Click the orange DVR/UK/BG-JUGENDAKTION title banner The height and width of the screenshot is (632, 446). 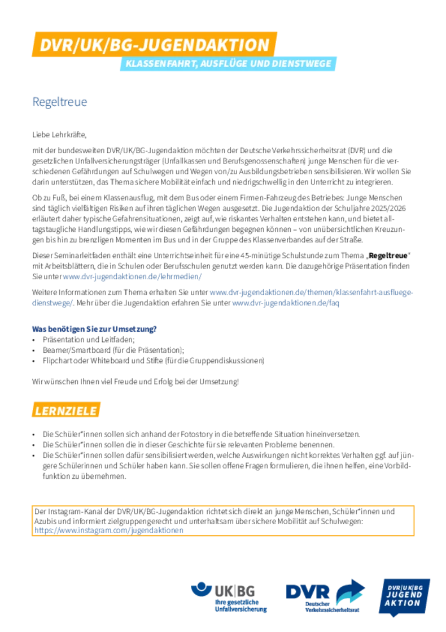[155, 44]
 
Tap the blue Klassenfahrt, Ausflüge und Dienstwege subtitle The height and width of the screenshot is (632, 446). [228, 64]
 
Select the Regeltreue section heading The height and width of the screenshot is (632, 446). [60, 102]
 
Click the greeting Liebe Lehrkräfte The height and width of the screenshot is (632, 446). [59, 135]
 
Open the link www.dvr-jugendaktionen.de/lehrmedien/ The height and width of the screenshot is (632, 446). [132, 276]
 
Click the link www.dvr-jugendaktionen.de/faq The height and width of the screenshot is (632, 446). [286, 302]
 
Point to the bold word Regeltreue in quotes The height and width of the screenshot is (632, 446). [388, 256]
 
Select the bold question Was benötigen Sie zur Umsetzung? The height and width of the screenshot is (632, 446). [94, 329]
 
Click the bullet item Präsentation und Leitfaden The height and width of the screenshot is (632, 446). [89, 339]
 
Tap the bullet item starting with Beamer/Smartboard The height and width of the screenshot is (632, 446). [113, 350]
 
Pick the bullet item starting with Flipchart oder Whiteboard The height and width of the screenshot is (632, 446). [154, 360]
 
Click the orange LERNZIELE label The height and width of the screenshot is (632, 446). [66, 410]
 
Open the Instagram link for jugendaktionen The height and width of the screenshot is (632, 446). [109, 530]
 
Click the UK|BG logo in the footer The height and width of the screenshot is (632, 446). [229, 597]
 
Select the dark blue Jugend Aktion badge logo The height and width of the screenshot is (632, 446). [404, 597]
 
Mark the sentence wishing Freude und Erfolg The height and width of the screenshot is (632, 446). [135, 382]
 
